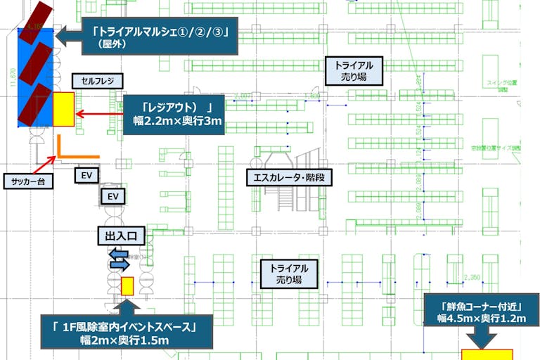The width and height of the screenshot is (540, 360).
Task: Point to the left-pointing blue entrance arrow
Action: click(117, 254)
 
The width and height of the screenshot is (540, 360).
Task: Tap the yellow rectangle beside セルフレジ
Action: click(63, 109)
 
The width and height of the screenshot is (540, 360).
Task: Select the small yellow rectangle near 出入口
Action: click(127, 286)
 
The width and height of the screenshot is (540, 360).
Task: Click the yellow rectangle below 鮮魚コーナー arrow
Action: click(487, 354)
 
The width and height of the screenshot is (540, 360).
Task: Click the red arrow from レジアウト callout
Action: click(98, 113)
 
